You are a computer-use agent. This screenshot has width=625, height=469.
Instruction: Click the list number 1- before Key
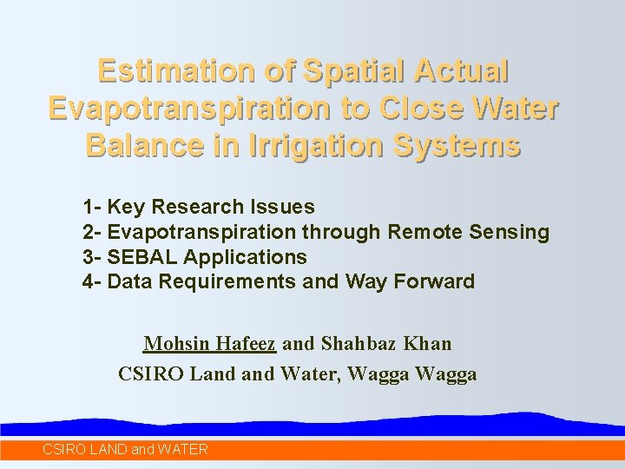tap(92, 207)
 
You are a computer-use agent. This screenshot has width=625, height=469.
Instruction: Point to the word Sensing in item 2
tap(511, 232)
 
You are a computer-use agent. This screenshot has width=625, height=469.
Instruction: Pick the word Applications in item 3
tap(246, 257)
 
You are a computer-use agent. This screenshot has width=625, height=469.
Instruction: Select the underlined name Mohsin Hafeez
tap(210, 344)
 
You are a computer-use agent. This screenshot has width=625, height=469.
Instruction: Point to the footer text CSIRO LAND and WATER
tap(125, 449)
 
